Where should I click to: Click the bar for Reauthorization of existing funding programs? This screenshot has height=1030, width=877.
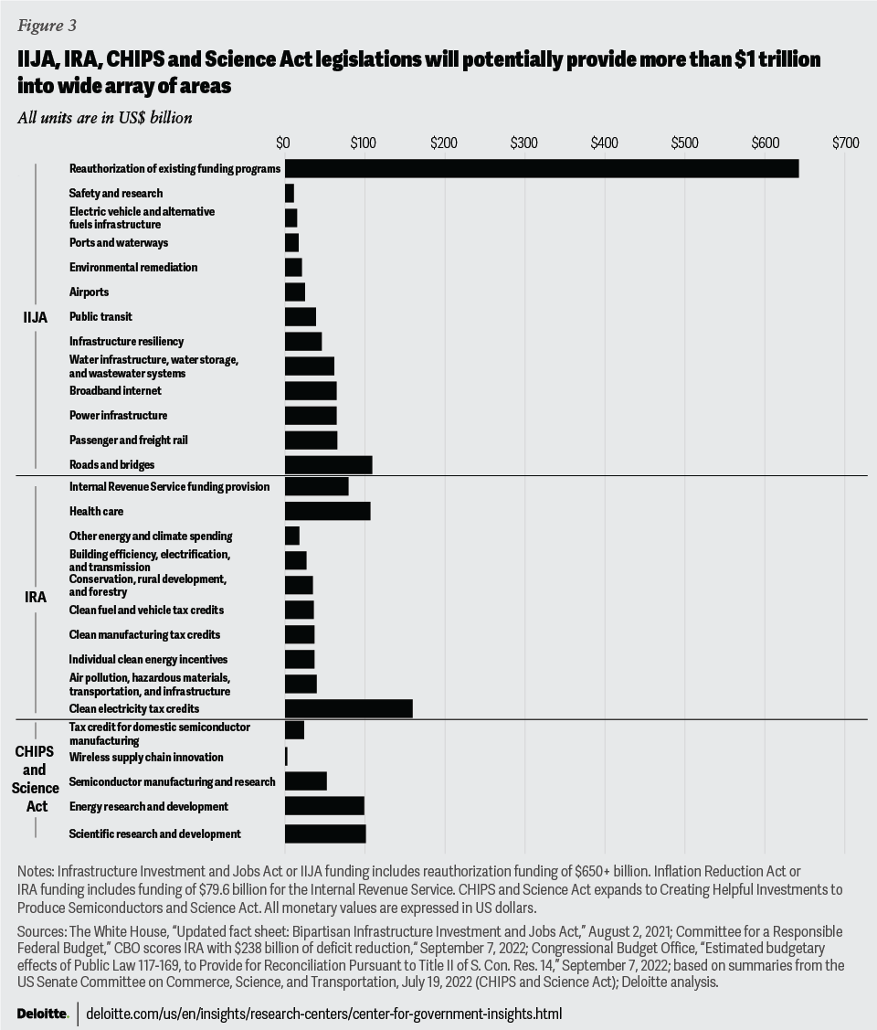pyautogui.click(x=542, y=168)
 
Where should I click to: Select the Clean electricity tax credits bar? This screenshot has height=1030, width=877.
pyautogui.click(x=348, y=708)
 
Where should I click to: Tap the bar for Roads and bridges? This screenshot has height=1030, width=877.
pyautogui.click(x=328, y=464)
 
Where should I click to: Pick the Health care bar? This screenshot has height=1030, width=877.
pyautogui.click(x=327, y=511)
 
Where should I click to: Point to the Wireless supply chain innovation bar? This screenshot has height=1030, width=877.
pyautogui.click(x=286, y=757)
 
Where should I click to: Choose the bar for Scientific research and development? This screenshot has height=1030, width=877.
pyautogui.click(x=325, y=834)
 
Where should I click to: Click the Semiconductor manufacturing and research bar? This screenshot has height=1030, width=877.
pyautogui.click(x=305, y=781)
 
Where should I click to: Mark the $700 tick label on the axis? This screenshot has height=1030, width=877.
pyautogui.click(x=845, y=143)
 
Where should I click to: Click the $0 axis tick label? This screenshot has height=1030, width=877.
pyautogui.click(x=283, y=143)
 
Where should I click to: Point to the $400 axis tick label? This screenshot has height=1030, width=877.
pyautogui.click(x=604, y=143)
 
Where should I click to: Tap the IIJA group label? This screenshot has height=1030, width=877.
pyautogui.click(x=35, y=317)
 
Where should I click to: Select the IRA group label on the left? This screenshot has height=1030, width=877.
pyautogui.click(x=35, y=598)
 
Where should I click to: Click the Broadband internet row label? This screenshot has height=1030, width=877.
pyautogui.click(x=115, y=391)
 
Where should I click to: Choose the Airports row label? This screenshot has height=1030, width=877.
pyautogui.click(x=89, y=292)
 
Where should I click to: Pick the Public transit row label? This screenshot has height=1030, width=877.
pyautogui.click(x=100, y=317)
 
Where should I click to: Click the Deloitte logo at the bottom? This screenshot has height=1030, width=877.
pyautogui.click(x=42, y=1014)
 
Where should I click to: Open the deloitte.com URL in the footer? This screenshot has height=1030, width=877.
pyautogui.click(x=323, y=1014)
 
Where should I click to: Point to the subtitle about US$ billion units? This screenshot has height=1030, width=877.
pyautogui.click(x=104, y=117)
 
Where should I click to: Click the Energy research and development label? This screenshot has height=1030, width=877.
pyautogui.click(x=149, y=807)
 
